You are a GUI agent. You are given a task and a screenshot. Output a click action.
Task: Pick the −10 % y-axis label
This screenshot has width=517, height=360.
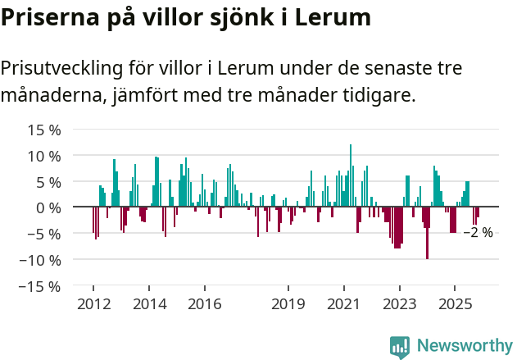tap(40, 260)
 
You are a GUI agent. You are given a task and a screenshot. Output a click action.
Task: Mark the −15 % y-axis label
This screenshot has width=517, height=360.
tap(40, 286)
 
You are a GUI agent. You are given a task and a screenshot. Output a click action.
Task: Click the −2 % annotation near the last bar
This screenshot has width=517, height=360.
tap(478, 233)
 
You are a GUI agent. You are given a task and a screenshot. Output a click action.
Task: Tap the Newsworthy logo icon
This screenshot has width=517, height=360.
tap(400, 347)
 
